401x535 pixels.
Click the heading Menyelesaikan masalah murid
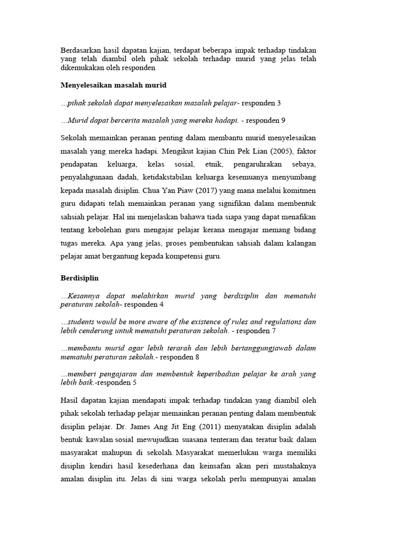point(113,85)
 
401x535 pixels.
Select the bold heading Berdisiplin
point(79,278)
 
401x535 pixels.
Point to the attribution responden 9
point(265,121)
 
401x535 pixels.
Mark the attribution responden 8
point(180,357)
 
